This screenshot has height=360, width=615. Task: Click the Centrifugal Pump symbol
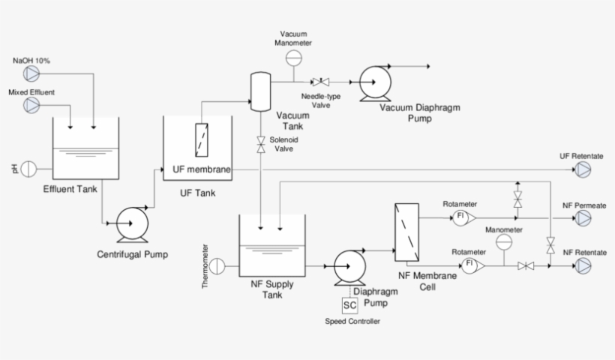point(132,223)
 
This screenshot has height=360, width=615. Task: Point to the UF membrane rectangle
point(201,139)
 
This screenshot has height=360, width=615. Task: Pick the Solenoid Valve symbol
point(260,145)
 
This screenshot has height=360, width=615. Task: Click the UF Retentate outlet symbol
point(583,171)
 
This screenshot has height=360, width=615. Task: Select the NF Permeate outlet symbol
point(583,218)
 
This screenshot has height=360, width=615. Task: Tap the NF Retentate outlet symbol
point(583,265)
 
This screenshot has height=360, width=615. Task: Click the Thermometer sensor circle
point(217,265)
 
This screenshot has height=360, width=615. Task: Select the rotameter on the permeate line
point(459,218)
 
